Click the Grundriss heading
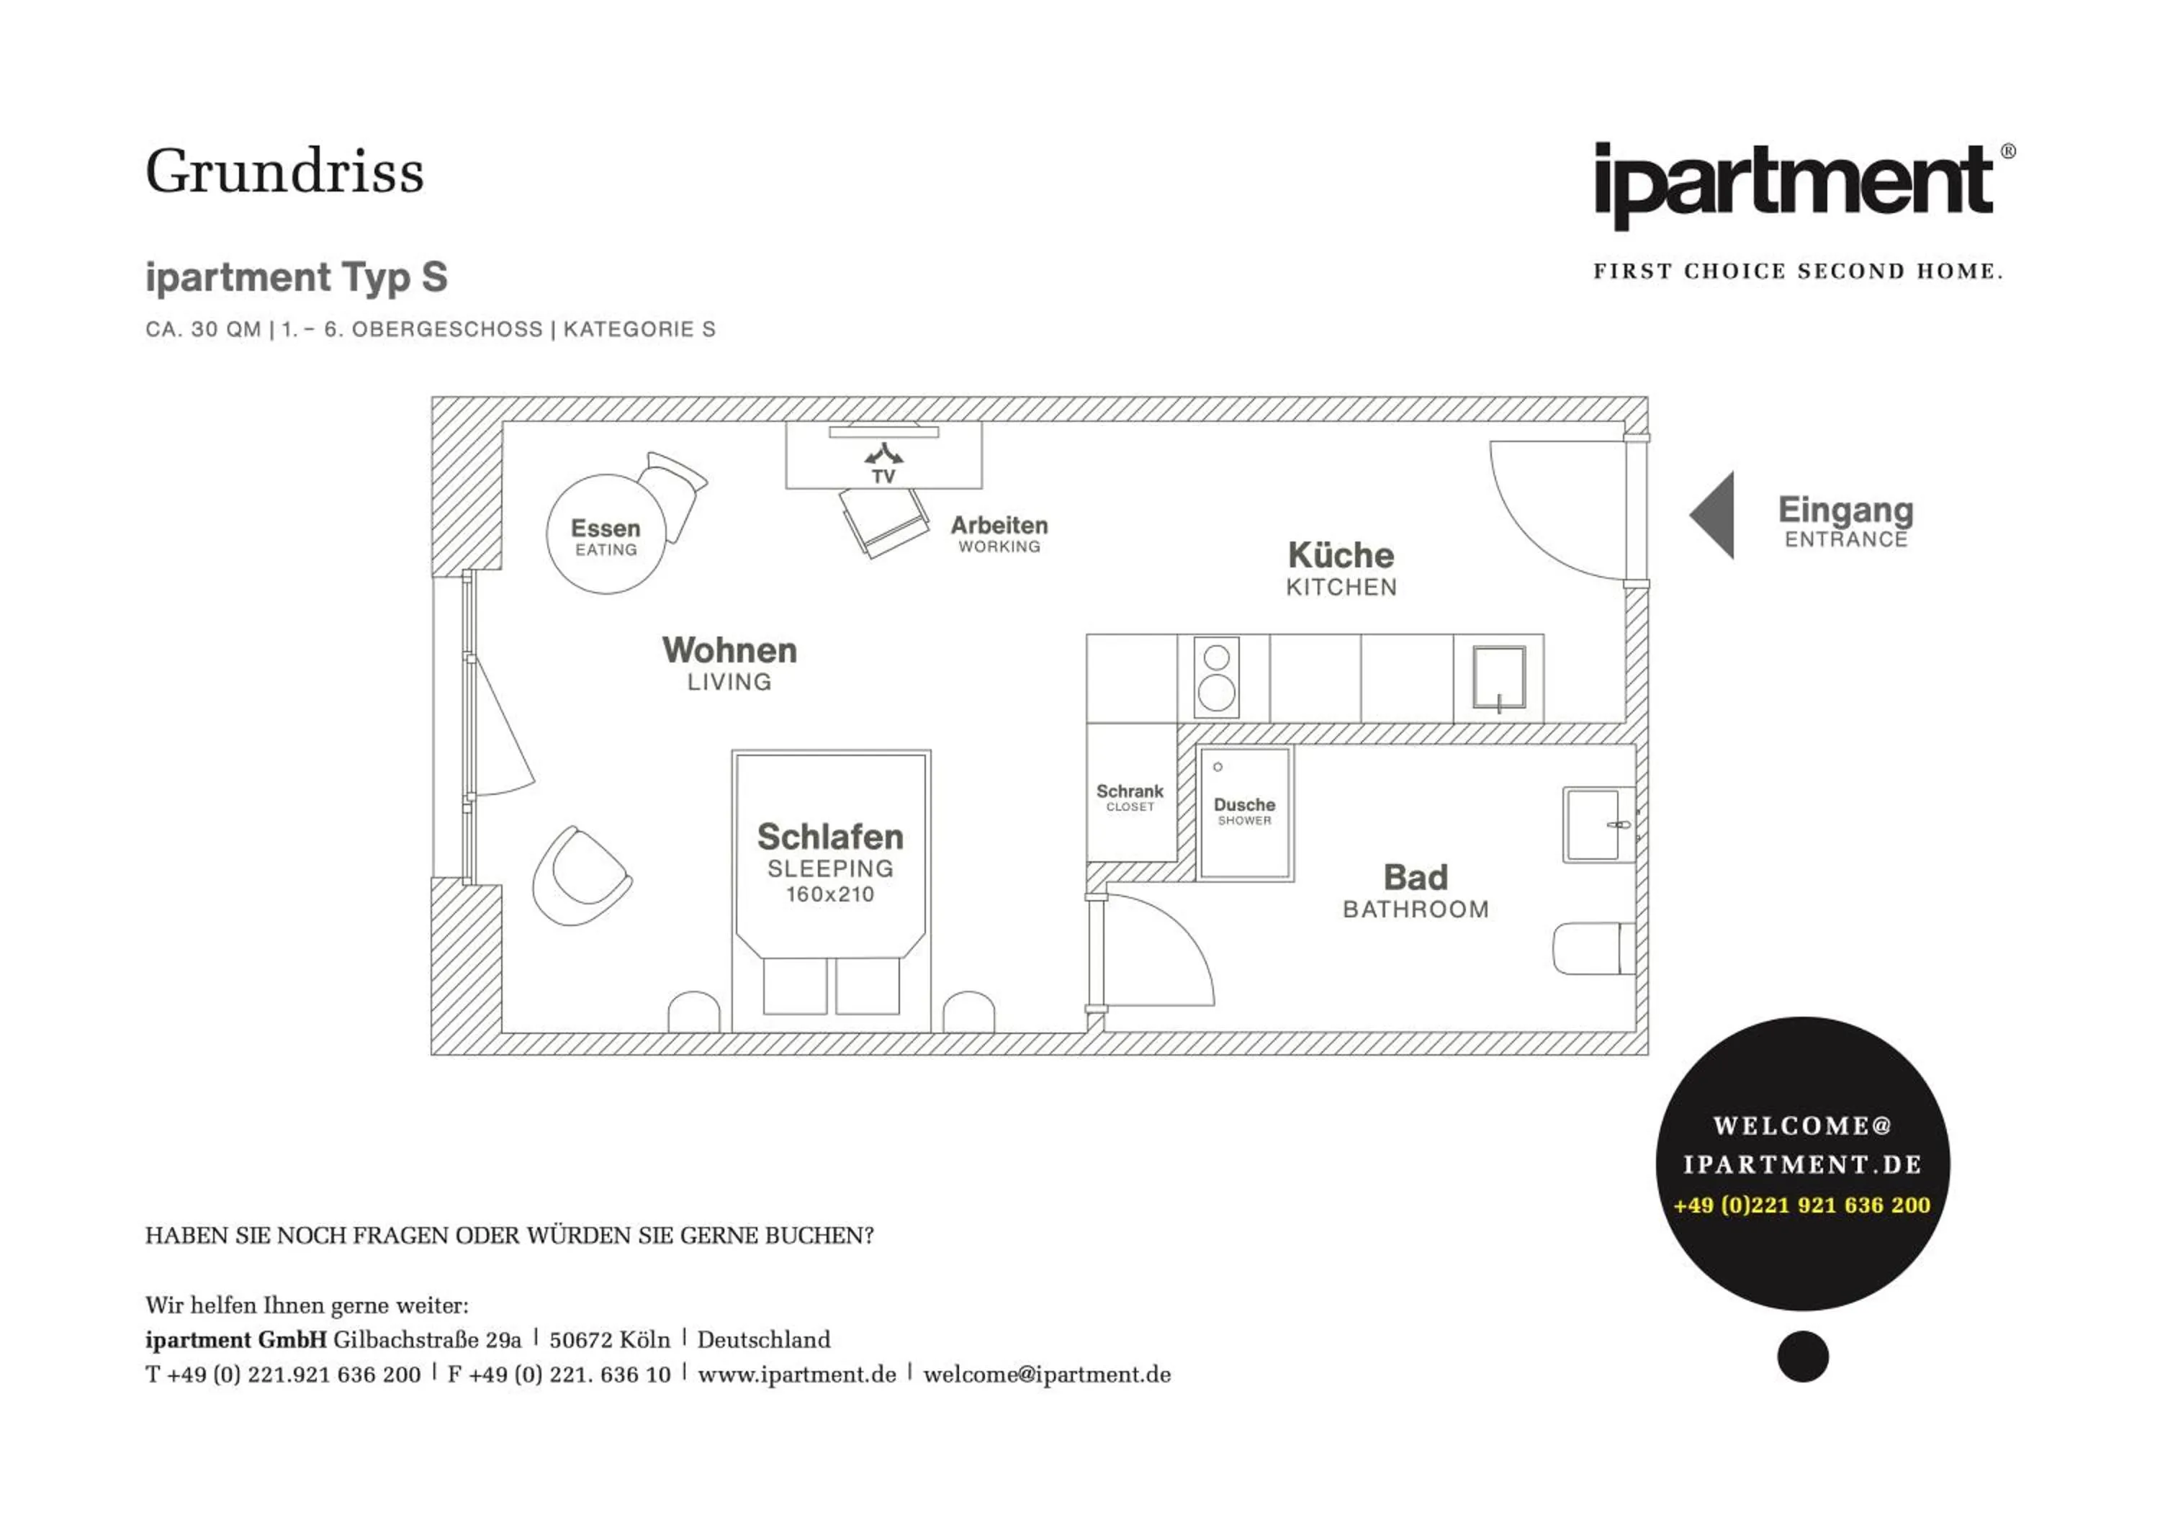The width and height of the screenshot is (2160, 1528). pos(284,172)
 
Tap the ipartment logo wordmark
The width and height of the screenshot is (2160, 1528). pos(1793,184)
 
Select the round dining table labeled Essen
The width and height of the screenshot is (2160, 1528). pos(606,534)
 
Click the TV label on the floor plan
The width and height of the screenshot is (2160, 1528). pos(883,477)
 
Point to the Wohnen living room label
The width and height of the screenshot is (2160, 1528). pos(729,651)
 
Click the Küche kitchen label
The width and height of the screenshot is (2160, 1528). pos(1341,556)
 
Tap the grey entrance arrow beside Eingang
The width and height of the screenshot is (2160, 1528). pos(1714,516)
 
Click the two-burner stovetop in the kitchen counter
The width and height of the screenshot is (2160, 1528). pos(1216,678)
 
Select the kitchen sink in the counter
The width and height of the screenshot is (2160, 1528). pos(1498,678)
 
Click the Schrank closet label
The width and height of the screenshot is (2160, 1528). pos(1130,792)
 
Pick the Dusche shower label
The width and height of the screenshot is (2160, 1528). pos(1243,805)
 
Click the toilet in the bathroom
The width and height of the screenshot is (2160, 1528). pos(1592,948)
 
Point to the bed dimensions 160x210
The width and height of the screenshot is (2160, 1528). pos(829,895)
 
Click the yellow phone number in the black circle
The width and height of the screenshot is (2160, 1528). pos(1801,1205)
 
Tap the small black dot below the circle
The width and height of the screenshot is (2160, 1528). pos(1802,1356)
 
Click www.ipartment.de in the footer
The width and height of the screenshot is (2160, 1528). pos(797,1375)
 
